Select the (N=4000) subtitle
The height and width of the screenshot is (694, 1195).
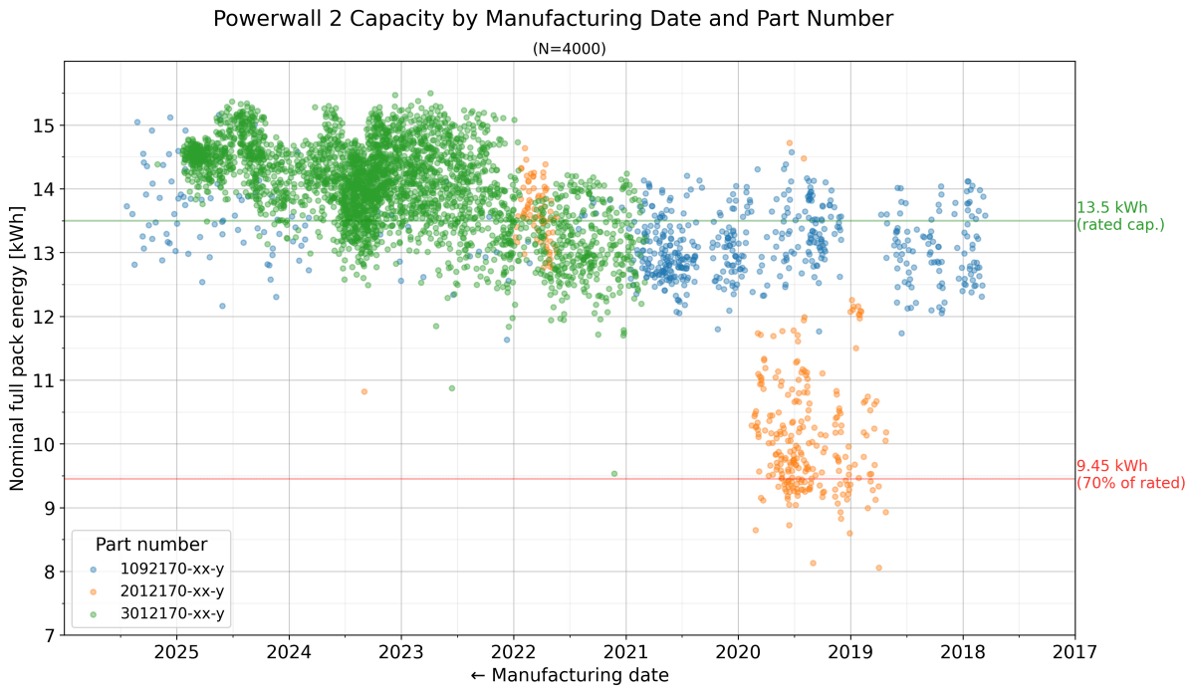[570, 48]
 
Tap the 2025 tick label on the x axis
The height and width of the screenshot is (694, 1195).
[176, 652]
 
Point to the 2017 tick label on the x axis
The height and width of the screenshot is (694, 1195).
[1075, 652]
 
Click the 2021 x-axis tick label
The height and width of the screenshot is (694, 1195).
[625, 652]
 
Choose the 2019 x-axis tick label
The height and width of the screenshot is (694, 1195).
[850, 652]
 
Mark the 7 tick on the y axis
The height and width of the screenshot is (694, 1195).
[49, 635]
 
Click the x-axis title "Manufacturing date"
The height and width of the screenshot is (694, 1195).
[569, 675]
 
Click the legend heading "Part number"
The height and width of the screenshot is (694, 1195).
[151, 545]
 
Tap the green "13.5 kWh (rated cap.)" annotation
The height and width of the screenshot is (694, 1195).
[1119, 216]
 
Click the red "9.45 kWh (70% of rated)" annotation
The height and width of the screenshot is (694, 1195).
[1129, 474]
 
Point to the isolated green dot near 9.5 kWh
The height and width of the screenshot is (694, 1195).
[613, 474]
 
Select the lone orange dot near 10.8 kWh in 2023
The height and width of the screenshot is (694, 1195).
[363, 391]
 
